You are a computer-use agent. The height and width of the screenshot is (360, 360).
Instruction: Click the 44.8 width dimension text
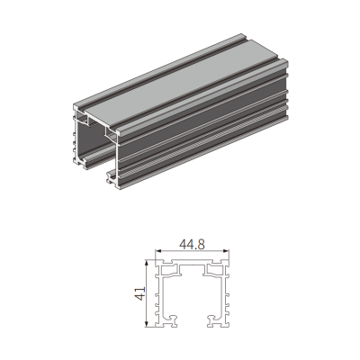(193, 245)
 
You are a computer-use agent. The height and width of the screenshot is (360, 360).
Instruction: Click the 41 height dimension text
(140, 293)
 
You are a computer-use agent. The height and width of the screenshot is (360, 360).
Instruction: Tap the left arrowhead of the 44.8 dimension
(157, 251)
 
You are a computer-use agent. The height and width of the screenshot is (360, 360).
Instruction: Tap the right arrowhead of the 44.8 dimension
(227, 251)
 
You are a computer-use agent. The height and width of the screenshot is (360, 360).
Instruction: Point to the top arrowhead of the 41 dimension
(147, 264)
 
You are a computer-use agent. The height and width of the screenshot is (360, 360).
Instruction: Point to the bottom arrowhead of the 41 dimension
(147, 324)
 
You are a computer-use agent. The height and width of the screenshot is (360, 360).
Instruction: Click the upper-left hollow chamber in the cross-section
(169, 270)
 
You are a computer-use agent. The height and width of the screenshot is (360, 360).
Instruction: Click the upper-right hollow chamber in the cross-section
(214, 270)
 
